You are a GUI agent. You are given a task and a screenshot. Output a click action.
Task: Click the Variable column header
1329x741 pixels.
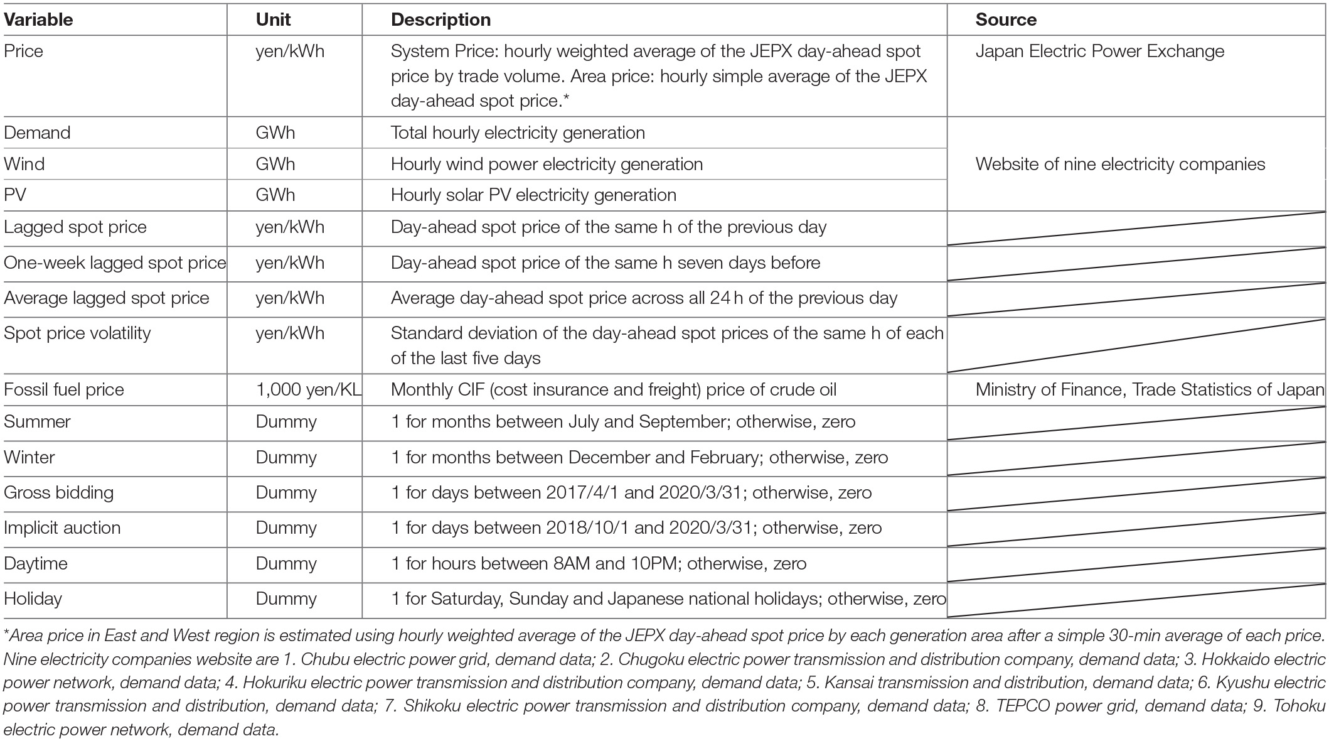38,19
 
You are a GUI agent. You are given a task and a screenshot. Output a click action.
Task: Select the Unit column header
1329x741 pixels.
273,19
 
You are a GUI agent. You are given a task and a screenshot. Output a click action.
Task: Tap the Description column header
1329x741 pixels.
440,19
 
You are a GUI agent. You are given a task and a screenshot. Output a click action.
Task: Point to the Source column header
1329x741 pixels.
1005,19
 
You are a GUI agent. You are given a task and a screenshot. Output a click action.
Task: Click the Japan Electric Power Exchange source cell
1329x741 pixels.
1099,51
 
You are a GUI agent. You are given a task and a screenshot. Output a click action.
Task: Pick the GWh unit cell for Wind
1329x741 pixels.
275,164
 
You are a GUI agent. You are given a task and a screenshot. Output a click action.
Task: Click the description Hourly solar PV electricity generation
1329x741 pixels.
533,195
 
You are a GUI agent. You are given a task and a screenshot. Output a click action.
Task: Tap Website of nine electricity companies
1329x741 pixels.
1120,164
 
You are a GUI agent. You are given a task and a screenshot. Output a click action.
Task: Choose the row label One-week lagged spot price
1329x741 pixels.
115,262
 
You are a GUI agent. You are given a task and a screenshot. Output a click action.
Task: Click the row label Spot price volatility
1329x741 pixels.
77,333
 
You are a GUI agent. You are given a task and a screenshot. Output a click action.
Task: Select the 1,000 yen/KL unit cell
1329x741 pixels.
308,389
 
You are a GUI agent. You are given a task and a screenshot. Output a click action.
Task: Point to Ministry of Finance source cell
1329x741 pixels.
1149,389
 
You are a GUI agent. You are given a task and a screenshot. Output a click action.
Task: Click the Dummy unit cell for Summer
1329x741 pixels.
286,421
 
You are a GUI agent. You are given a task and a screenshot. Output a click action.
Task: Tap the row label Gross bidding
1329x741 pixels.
58,492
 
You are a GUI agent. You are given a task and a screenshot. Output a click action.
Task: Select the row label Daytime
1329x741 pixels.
35,563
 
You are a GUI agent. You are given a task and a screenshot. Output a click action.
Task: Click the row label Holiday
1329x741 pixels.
33,598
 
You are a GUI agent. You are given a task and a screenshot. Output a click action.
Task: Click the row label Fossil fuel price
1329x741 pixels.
64,389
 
